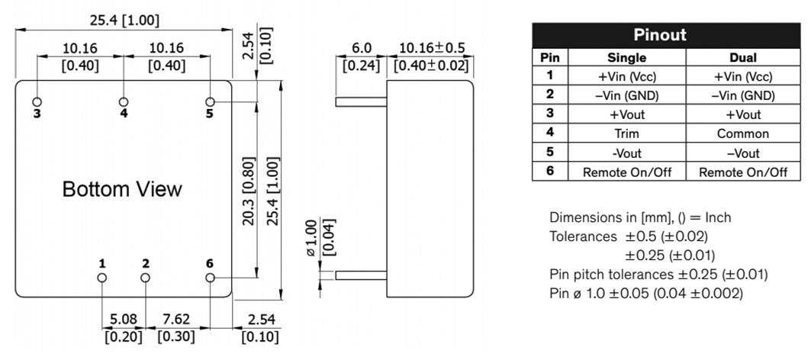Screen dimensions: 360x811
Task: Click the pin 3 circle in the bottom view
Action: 37,101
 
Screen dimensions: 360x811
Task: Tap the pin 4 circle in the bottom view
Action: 124,101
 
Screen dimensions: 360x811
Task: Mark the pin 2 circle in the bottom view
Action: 146,278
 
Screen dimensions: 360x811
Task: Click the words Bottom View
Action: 122,189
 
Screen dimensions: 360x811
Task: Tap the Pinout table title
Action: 660,35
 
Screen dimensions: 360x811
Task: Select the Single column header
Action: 626,57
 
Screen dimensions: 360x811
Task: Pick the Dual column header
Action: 743,57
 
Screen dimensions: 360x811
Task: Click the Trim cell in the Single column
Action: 626,133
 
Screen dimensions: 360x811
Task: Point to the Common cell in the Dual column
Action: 743,133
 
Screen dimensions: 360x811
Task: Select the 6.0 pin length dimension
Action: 362,49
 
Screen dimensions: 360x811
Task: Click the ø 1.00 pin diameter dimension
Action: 311,238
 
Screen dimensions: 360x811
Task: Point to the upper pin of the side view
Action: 361,101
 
